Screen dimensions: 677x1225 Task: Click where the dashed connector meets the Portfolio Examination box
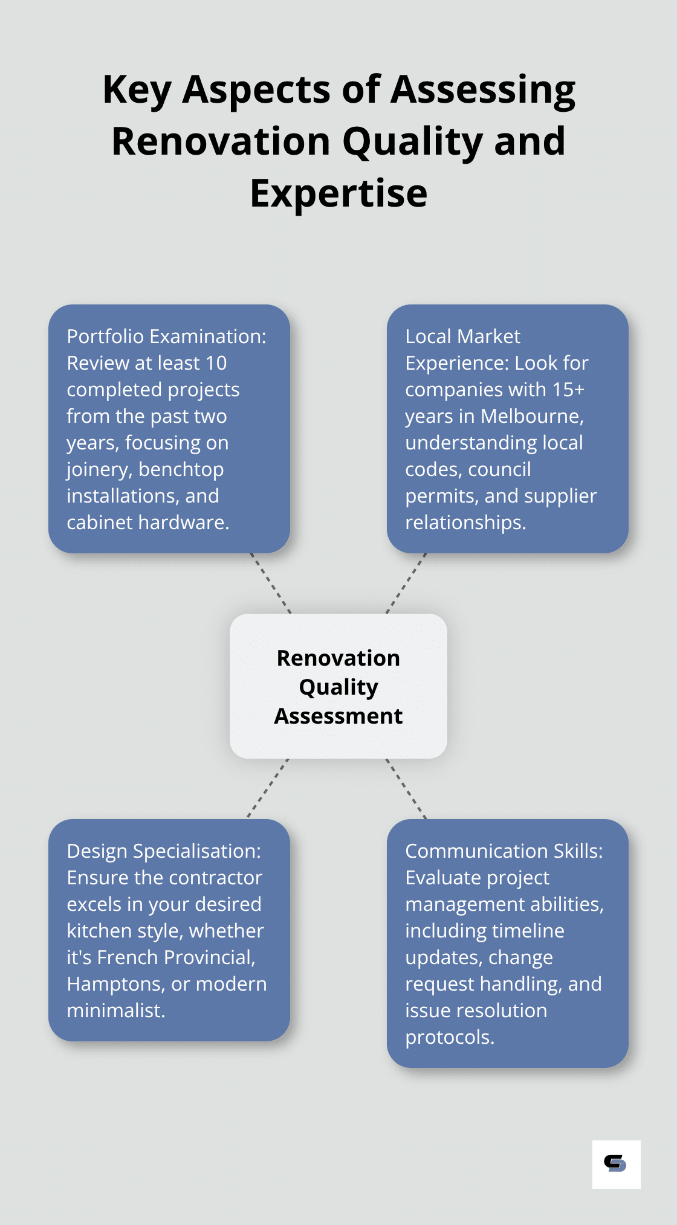point(251,553)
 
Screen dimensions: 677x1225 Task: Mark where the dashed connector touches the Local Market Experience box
point(426,553)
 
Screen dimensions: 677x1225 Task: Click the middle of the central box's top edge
point(338,614)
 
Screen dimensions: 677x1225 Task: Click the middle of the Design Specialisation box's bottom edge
point(169,1041)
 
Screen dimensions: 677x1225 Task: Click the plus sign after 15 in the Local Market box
point(579,390)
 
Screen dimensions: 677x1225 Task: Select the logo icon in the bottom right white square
point(616,1164)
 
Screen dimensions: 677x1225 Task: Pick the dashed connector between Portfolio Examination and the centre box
point(271,584)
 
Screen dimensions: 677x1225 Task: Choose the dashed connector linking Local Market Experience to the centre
point(406,584)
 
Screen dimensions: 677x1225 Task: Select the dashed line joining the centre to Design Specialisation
point(268,788)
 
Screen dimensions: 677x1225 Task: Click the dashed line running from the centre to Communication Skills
point(406,788)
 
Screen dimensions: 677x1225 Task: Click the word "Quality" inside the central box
point(338,687)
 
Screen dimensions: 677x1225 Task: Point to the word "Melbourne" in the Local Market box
point(533,416)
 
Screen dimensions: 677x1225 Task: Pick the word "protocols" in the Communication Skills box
point(450,1037)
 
